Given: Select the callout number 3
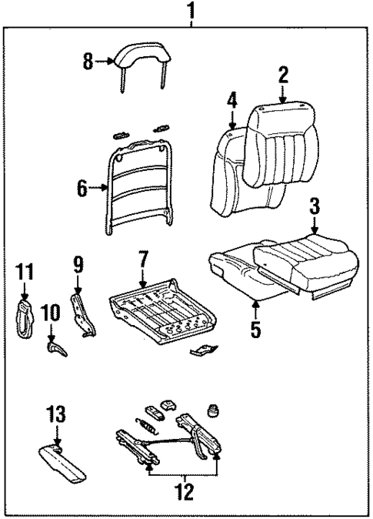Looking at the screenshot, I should (x=315, y=207).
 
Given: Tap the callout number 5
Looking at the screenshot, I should (x=255, y=330).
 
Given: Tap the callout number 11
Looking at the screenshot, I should (x=25, y=273).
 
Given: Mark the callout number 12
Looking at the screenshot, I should (x=183, y=489).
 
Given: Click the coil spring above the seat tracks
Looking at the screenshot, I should (x=145, y=424).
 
